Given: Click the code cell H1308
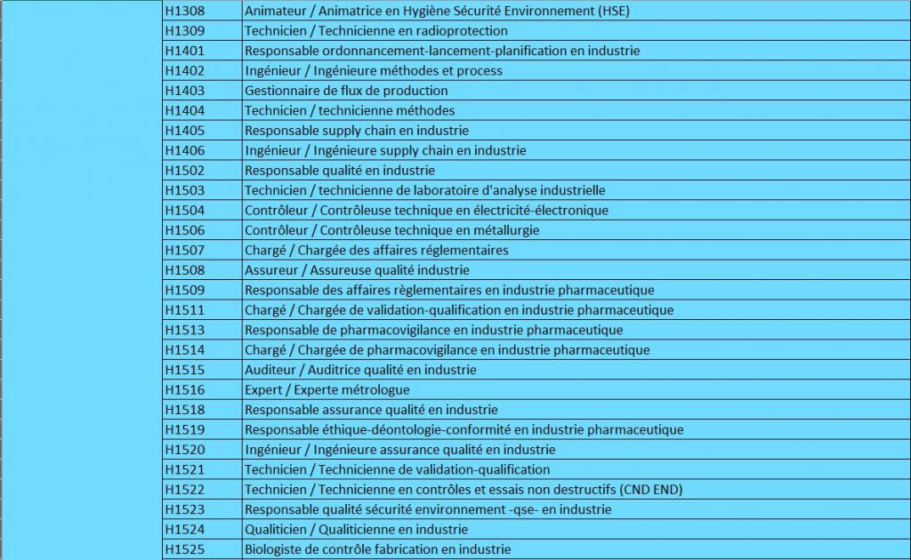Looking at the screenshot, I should click(x=185, y=12).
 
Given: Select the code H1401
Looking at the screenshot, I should click(x=185, y=51).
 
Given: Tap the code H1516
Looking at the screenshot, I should click(x=185, y=389).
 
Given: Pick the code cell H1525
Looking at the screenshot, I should click(x=185, y=549).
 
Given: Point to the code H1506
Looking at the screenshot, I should click(x=185, y=230).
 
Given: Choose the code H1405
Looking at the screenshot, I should click(x=185, y=131).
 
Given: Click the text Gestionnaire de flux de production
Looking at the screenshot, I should click(x=346, y=91).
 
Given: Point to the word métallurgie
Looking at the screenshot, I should click(x=504, y=230).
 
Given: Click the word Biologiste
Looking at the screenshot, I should click(x=272, y=549).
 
